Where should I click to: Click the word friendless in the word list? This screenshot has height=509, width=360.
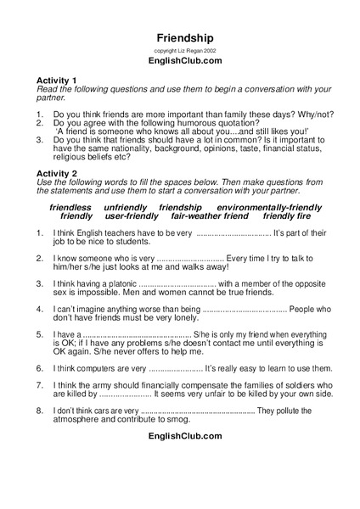click(x=71, y=207)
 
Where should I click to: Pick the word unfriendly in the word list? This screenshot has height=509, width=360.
click(x=126, y=207)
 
